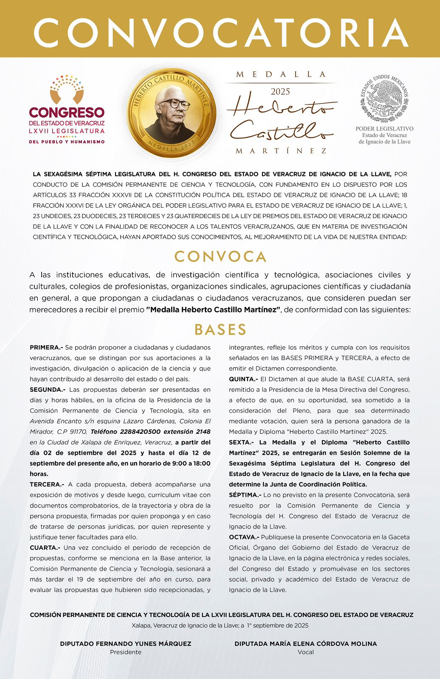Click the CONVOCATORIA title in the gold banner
pos(220,33)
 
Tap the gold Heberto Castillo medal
pos(172,113)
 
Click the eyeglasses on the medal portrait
pos(175,103)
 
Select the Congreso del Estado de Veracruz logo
pos(67,109)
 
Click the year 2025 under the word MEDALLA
pos(280,92)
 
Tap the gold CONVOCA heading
pos(220,256)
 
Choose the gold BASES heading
pos(220,330)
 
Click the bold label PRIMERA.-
pos(46,348)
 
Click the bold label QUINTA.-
pos(243,379)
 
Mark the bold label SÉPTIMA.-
pos(245,495)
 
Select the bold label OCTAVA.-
pos(244,537)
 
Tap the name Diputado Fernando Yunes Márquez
pos(126,643)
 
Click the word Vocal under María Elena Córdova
pos(306,652)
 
